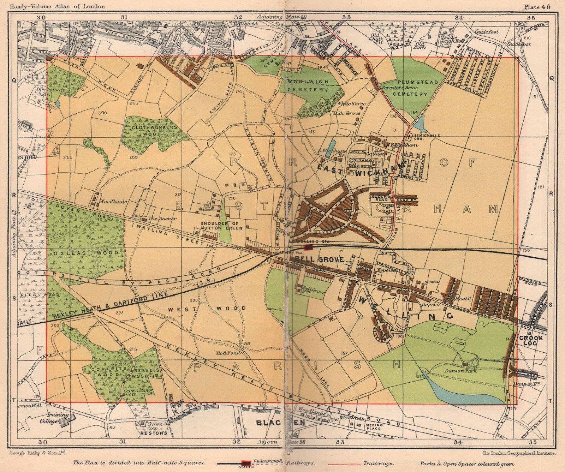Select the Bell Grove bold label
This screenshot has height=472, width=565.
(317, 259)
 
